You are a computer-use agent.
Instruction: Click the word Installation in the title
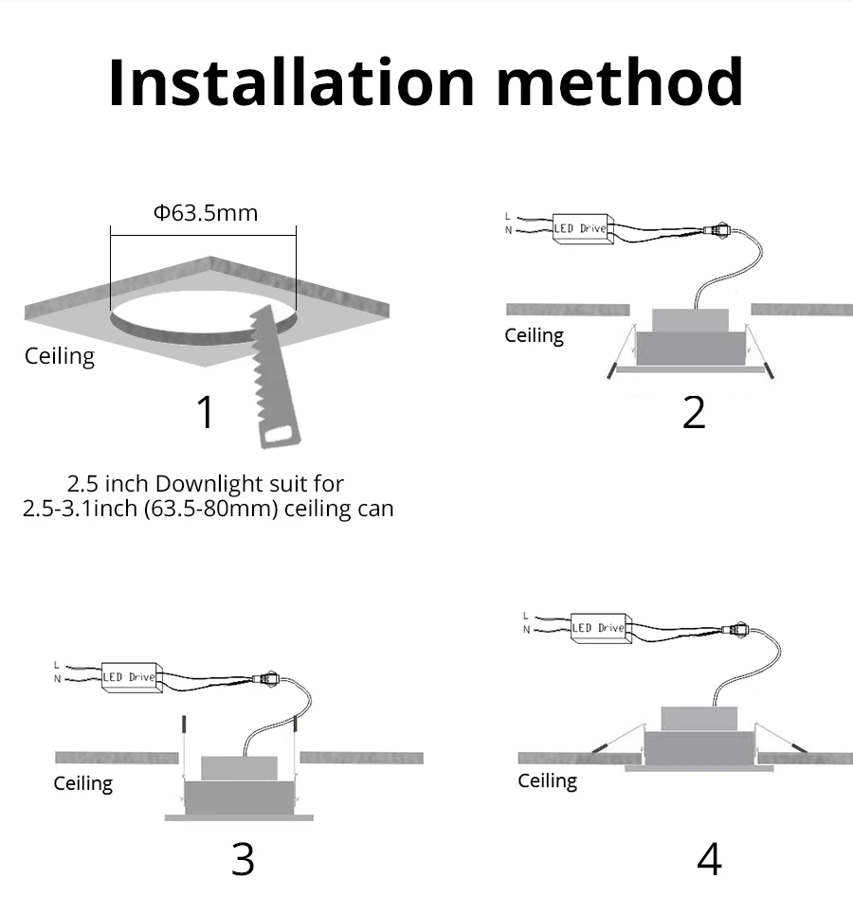click(x=292, y=81)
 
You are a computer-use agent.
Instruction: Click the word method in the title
click(x=620, y=81)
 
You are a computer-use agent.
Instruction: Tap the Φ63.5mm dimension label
click(x=206, y=213)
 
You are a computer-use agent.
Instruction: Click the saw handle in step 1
click(x=280, y=433)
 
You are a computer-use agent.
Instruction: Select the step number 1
click(x=206, y=412)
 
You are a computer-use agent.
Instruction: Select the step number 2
click(x=694, y=412)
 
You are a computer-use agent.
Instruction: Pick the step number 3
click(x=243, y=859)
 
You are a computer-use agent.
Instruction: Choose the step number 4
click(x=709, y=859)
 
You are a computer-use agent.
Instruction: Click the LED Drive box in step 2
click(x=583, y=229)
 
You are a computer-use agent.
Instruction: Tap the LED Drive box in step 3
click(x=132, y=677)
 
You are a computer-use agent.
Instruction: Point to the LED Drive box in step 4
click(x=601, y=628)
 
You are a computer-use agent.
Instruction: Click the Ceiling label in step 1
click(x=60, y=356)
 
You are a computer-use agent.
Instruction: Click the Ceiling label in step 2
click(x=534, y=335)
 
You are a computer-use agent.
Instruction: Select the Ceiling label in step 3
click(x=82, y=783)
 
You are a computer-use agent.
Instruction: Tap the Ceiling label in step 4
click(x=547, y=781)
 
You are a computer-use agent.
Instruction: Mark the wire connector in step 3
click(x=266, y=678)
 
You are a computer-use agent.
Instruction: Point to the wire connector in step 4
click(x=735, y=630)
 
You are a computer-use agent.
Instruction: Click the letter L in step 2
click(x=508, y=216)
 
